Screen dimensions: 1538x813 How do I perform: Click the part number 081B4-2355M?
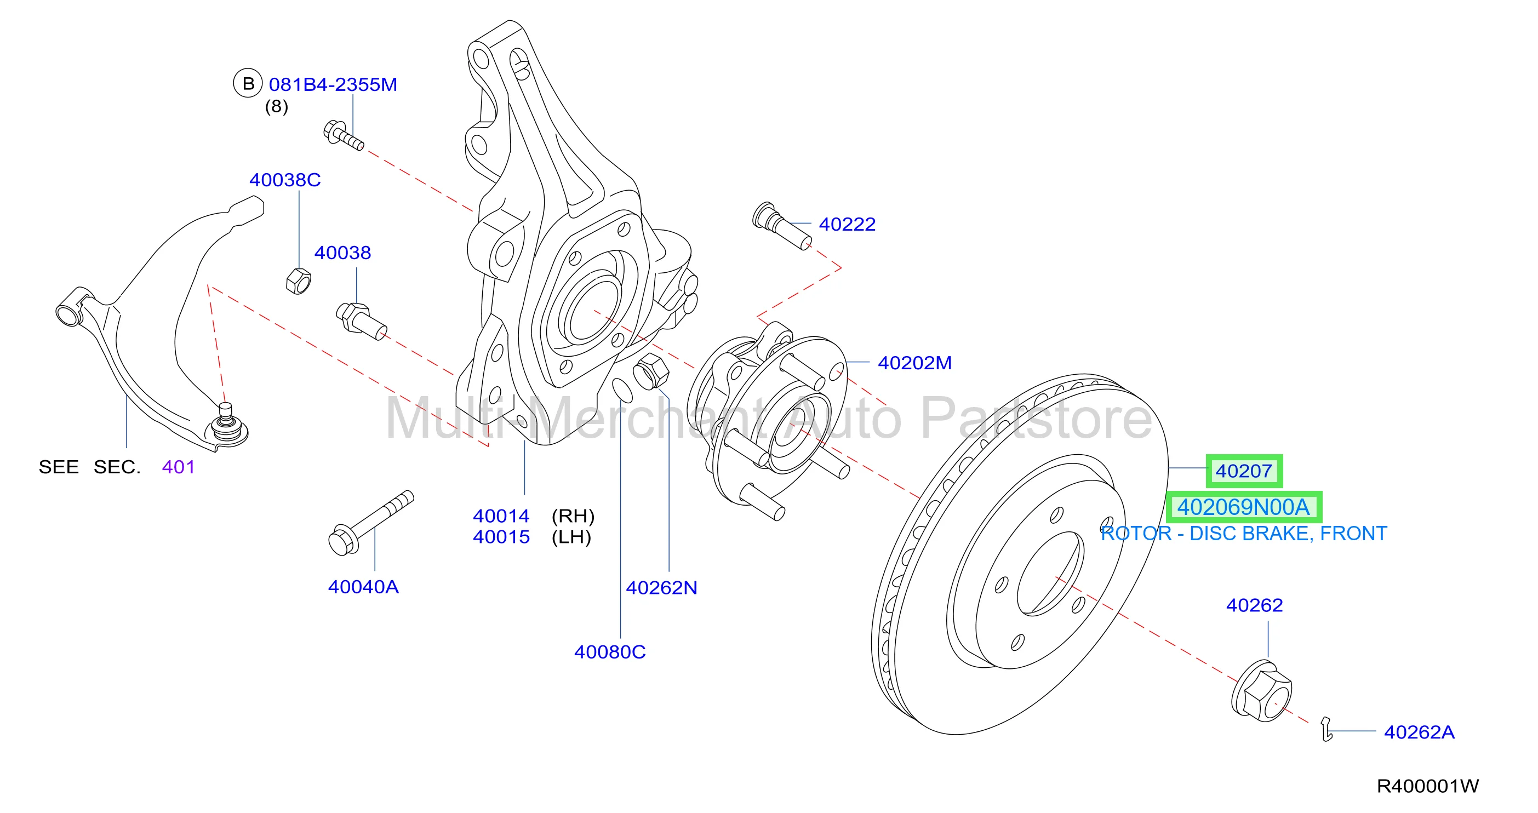tap(333, 85)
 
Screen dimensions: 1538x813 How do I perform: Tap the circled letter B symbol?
tap(248, 84)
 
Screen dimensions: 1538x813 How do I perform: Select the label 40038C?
tap(285, 180)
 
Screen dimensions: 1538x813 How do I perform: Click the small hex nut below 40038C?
tap(298, 281)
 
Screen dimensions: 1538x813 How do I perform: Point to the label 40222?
tap(847, 225)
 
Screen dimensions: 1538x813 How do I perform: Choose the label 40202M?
tap(914, 363)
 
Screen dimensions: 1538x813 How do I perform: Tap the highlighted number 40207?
tap(1244, 471)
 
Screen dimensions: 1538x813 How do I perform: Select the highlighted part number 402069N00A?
tap(1244, 507)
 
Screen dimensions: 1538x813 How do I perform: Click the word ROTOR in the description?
tap(1136, 533)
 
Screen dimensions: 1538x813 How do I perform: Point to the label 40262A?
tap(1419, 732)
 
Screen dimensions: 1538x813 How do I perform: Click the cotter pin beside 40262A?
tap(1326, 729)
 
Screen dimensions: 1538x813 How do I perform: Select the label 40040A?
tap(363, 587)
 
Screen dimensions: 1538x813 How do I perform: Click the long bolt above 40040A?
tap(371, 523)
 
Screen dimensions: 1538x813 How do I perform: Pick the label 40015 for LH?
tap(501, 537)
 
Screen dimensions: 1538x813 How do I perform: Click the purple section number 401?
tap(178, 467)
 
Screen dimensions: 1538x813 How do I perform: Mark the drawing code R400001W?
tap(1427, 786)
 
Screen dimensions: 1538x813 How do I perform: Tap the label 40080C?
tap(610, 652)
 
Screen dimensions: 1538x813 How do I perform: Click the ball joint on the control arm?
tap(226, 425)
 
